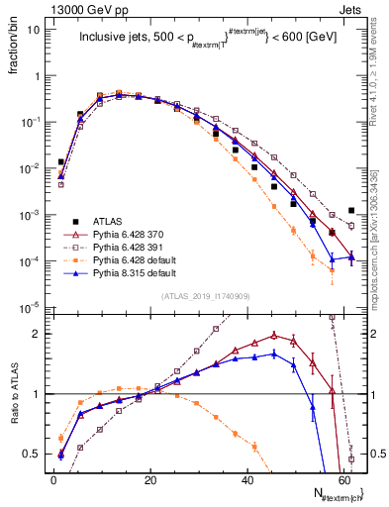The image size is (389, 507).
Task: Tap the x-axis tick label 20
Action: coord(149,478)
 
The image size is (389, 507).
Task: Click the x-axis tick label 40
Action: coord(246,478)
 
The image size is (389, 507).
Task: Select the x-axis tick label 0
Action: coord(53,478)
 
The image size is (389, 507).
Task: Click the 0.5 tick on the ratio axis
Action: coord(36,454)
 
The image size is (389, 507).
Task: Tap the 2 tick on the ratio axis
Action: coord(41,334)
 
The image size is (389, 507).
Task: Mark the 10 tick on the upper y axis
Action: coord(35,29)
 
